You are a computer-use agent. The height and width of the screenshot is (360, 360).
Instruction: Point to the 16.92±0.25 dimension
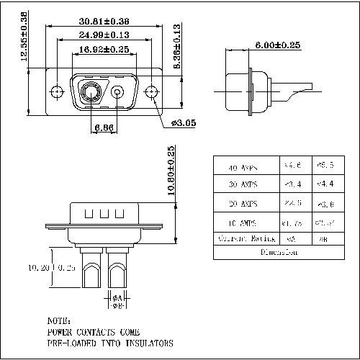(104, 50)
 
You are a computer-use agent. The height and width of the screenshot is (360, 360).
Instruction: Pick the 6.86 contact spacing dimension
(103, 127)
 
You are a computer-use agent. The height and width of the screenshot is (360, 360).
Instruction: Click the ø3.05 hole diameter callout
(184, 122)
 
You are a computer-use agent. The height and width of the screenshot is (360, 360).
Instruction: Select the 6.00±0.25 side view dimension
(277, 45)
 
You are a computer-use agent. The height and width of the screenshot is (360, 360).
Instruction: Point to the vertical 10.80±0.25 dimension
(171, 174)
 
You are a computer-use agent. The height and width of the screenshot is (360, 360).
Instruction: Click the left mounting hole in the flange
(57, 92)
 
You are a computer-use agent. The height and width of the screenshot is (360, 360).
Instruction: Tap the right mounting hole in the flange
(151, 92)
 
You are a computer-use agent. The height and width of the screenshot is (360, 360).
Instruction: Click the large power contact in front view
(91, 92)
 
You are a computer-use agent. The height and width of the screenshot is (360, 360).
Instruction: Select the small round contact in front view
(118, 92)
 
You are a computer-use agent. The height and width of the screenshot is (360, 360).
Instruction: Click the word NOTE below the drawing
(59, 320)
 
